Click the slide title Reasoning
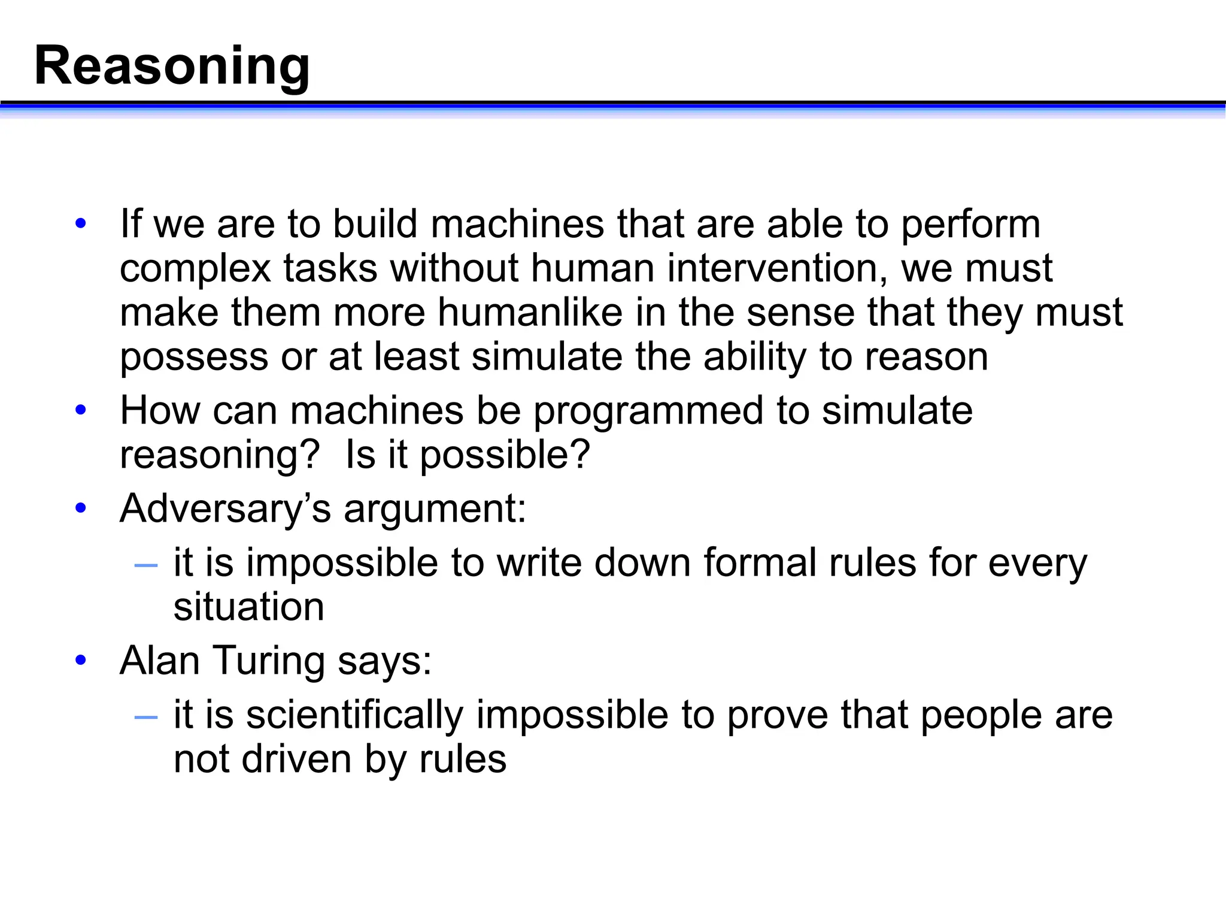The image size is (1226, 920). click(172, 66)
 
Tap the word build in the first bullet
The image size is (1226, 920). click(375, 224)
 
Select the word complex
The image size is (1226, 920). click(195, 268)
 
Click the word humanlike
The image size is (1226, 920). click(530, 312)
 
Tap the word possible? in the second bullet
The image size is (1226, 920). click(505, 455)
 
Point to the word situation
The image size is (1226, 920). click(248, 607)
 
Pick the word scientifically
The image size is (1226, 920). click(354, 715)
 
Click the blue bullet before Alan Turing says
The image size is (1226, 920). click(81, 661)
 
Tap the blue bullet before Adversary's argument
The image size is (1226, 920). click(81, 509)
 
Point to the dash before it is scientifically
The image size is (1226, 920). click(146, 716)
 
